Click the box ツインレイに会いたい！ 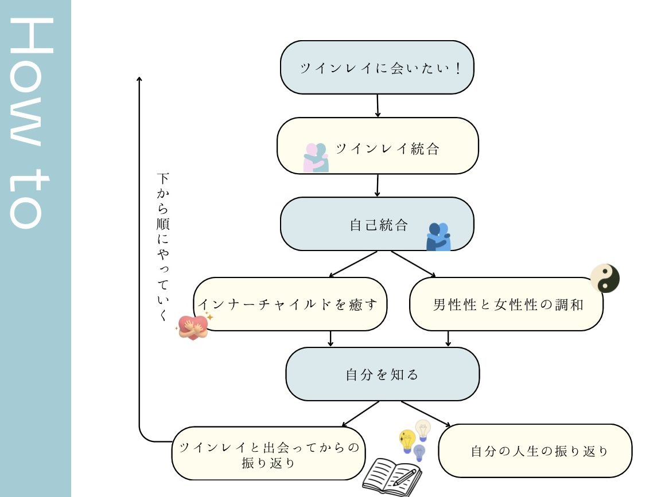click(377, 67)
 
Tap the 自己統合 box click(377, 224)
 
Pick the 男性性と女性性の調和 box click(506, 304)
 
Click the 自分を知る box click(382, 374)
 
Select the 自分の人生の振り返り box click(535, 451)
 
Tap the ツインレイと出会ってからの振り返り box click(269, 453)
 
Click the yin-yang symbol click(605, 279)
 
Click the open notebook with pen click(392, 474)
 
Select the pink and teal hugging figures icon click(316, 158)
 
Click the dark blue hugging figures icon click(438, 237)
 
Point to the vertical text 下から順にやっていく click(163, 246)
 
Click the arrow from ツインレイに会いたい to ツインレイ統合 click(378, 106)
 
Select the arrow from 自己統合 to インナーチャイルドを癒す click(354, 264)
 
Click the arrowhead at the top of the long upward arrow click(139, 79)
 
